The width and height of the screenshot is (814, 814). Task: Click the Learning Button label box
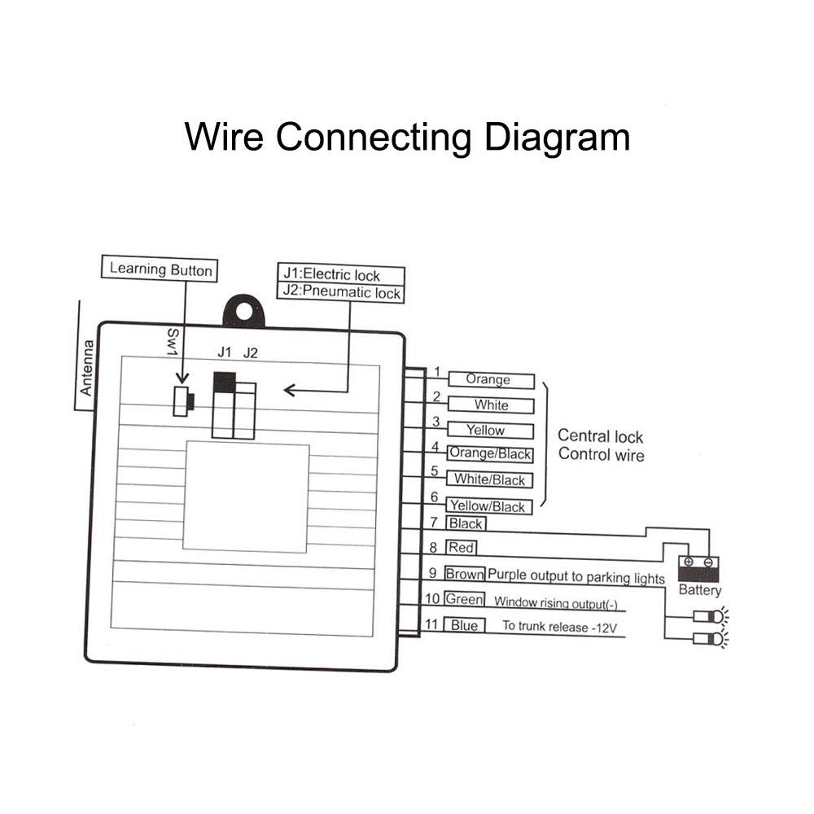(x=160, y=269)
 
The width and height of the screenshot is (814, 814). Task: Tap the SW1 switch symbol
(x=183, y=400)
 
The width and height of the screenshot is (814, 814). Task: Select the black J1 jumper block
(x=224, y=383)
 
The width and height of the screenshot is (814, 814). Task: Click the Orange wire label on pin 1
(x=488, y=380)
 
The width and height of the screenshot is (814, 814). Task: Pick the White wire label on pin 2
(x=491, y=405)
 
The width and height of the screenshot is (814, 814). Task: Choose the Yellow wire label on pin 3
(x=485, y=431)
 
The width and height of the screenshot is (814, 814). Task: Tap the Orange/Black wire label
(x=491, y=455)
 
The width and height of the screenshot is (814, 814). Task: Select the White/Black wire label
(x=489, y=480)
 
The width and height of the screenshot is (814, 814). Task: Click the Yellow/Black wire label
(x=488, y=506)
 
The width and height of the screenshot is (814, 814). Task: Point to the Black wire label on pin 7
(x=466, y=524)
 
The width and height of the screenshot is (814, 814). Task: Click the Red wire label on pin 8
(x=462, y=548)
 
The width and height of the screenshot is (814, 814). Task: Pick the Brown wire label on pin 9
(x=464, y=575)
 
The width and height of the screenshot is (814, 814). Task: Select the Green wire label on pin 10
(x=464, y=599)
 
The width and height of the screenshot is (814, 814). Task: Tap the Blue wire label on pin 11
(x=464, y=625)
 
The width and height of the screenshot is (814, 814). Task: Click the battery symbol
(x=698, y=568)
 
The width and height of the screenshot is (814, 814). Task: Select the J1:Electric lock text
(x=330, y=275)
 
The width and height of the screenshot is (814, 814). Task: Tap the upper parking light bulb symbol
(x=707, y=616)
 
